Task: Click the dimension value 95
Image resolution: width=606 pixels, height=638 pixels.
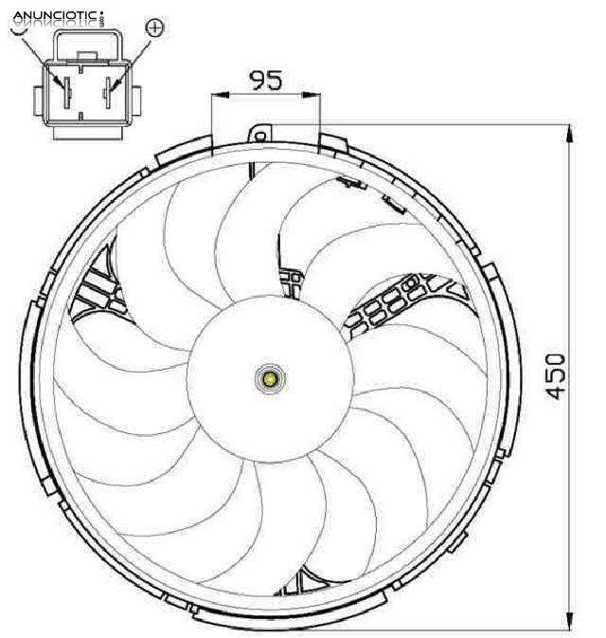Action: [x=266, y=80]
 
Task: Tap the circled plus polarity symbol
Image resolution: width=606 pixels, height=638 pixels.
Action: [x=154, y=27]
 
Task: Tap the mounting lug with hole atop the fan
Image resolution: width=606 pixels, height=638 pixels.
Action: [x=258, y=133]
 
